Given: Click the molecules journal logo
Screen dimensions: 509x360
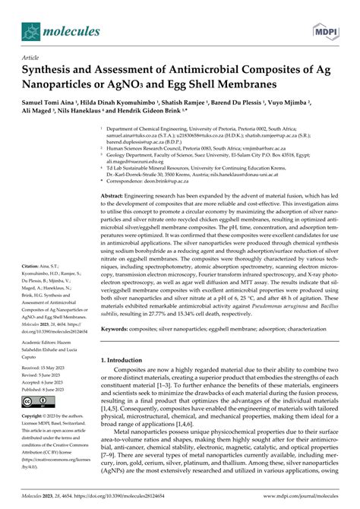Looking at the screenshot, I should point(57,32).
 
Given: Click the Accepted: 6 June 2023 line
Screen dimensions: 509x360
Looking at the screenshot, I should point(43,381).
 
